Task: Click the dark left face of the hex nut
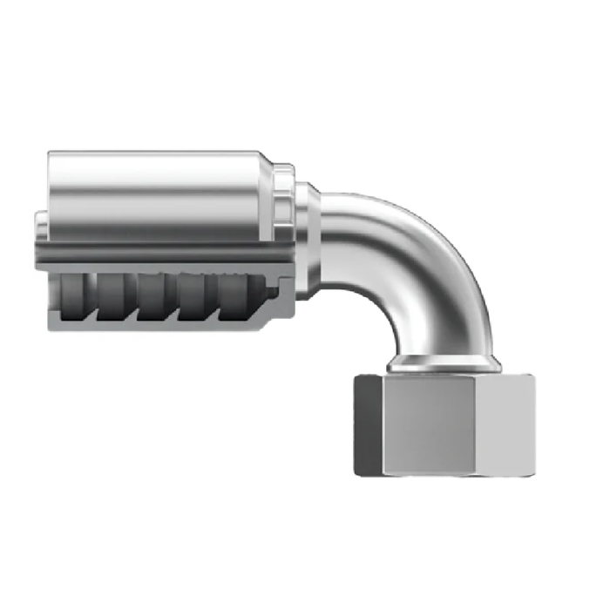click(x=368, y=425)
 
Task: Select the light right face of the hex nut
click(x=505, y=425)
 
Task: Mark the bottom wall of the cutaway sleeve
click(x=174, y=327)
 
